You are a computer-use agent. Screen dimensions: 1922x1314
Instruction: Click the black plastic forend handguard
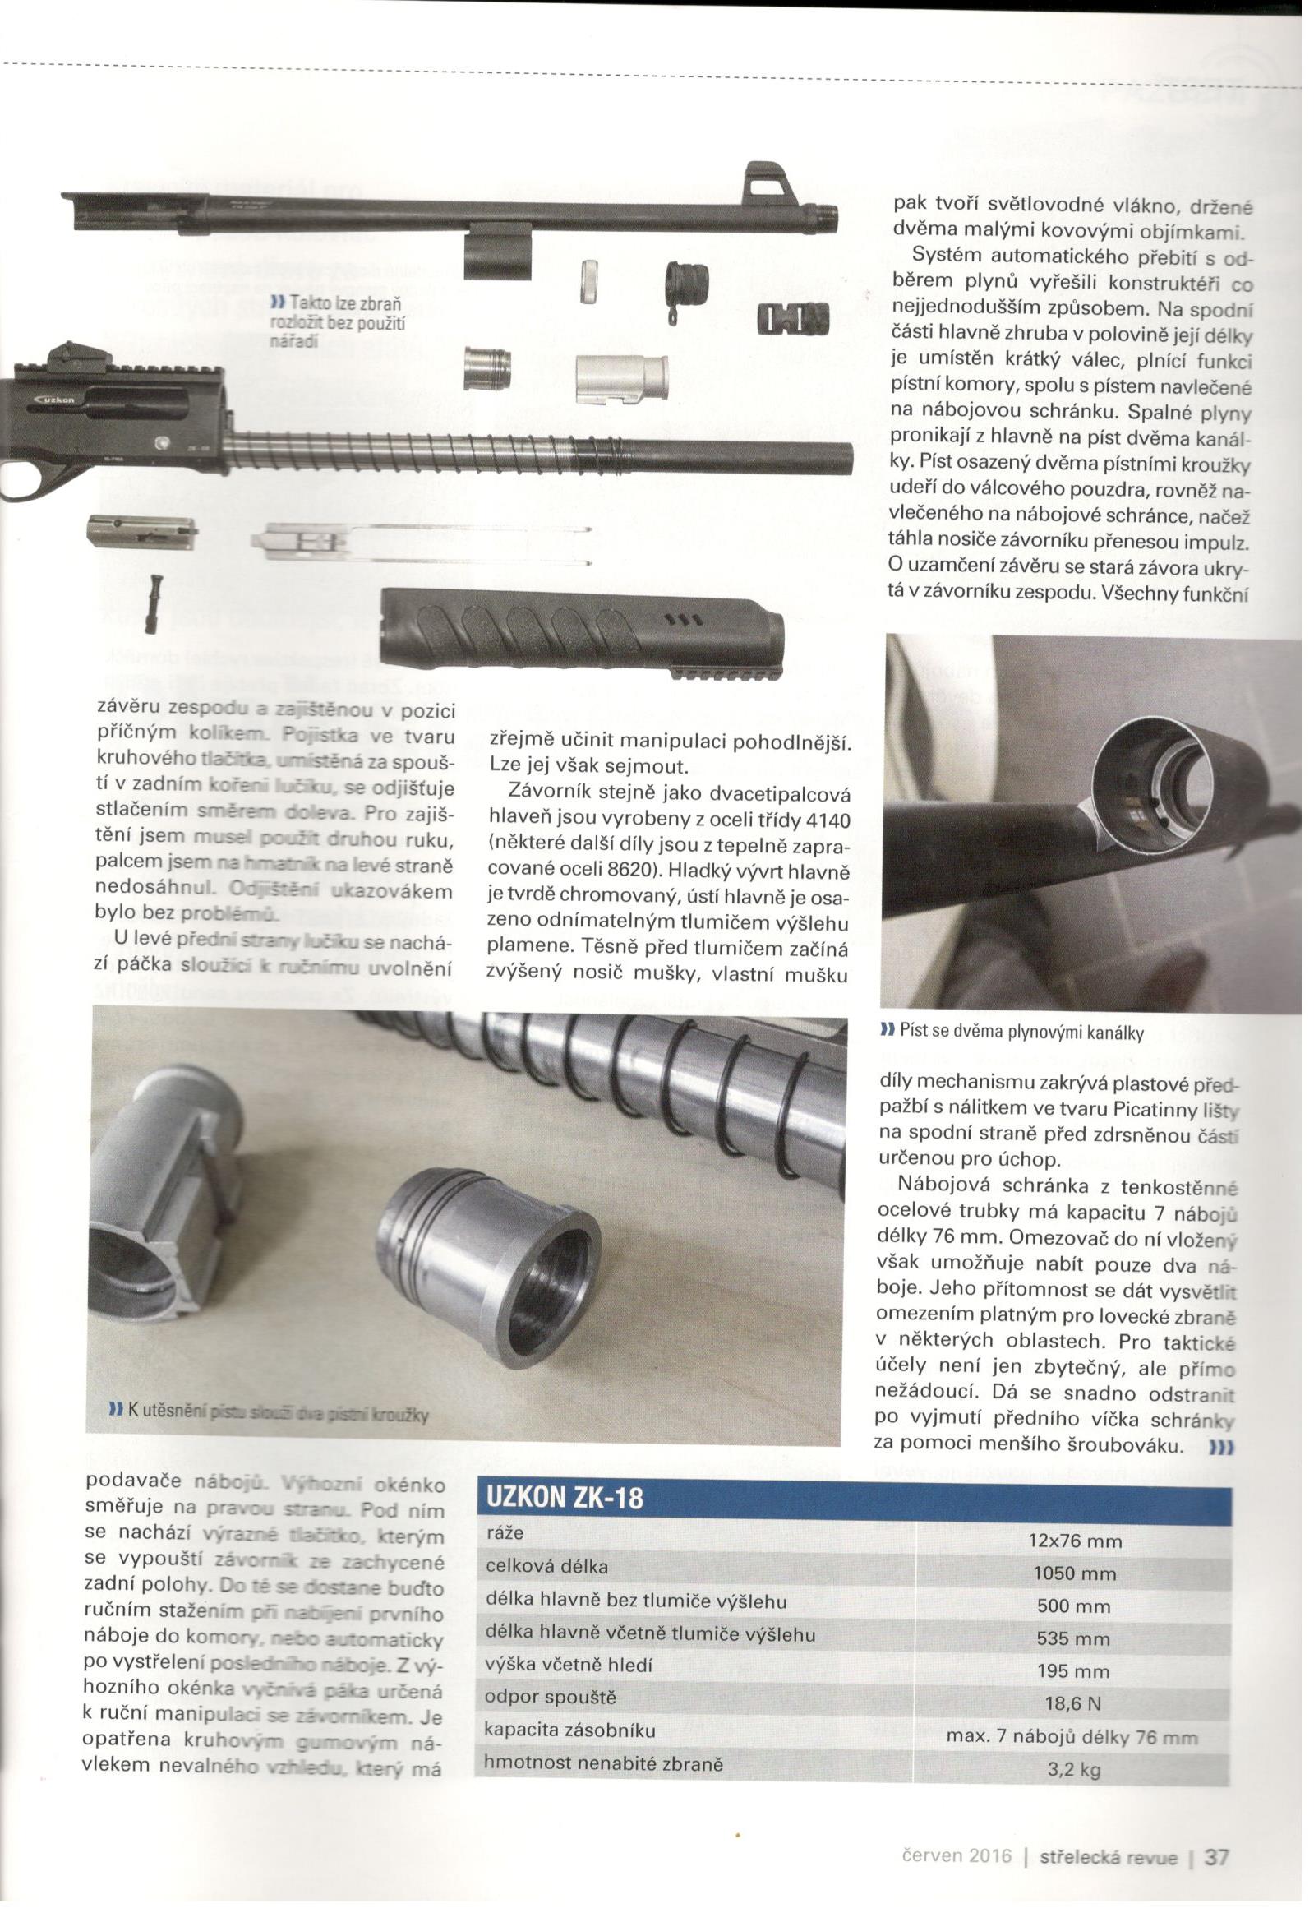coord(579,629)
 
